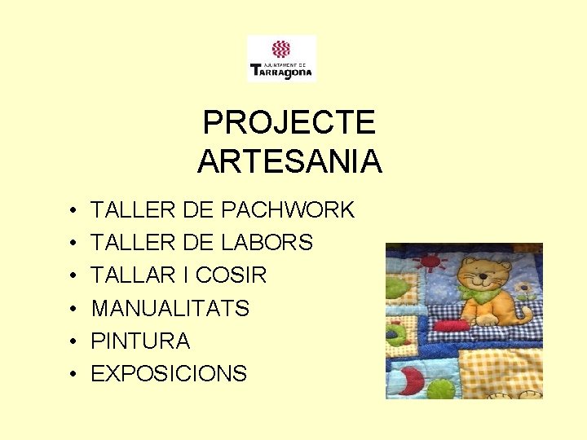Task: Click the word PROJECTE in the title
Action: click(x=289, y=123)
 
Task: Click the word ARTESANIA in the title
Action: click(x=289, y=161)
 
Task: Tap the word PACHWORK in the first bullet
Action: click(x=288, y=210)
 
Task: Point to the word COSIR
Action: click(x=231, y=275)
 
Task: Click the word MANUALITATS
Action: click(x=170, y=308)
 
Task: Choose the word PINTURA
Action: click(x=140, y=341)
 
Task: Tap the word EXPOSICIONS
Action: click(x=169, y=373)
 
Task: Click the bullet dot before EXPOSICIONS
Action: click(x=73, y=374)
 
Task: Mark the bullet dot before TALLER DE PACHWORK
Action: click(x=73, y=211)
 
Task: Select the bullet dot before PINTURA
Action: click(x=73, y=341)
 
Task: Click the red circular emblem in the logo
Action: click(x=281, y=49)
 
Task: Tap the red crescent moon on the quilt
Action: click(x=413, y=380)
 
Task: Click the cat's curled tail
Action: click(x=527, y=316)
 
